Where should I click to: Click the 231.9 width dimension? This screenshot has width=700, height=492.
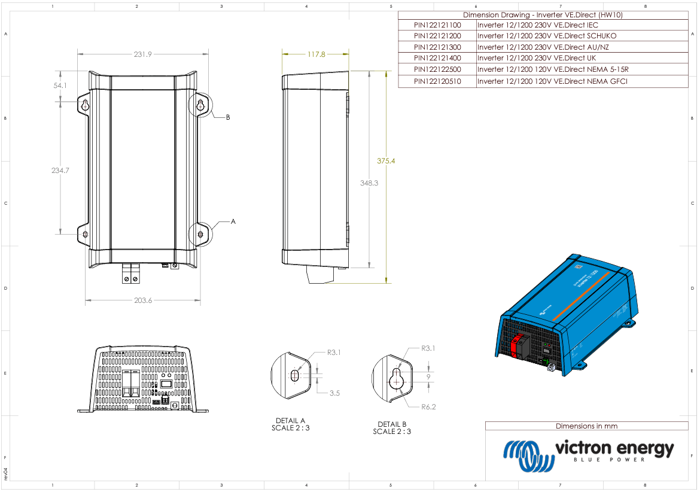click(142, 54)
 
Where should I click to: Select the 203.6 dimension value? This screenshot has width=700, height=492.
click(142, 300)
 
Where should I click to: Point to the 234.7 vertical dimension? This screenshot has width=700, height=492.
click(60, 171)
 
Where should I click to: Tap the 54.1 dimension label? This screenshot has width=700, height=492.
click(60, 86)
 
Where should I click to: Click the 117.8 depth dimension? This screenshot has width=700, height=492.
click(316, 54)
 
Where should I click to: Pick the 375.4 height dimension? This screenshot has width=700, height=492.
click(386, 161)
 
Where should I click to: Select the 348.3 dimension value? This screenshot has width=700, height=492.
click(369, 183)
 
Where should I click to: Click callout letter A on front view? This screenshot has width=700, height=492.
click(233, 221)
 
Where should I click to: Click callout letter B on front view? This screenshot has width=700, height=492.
click(227, 117)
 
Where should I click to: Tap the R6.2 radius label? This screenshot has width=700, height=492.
click(428, 406)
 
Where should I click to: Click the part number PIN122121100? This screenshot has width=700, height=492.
click(437, 26)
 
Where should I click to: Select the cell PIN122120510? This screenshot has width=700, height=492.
click(437, 81)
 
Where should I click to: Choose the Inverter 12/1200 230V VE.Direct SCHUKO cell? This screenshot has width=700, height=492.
click(546, 37)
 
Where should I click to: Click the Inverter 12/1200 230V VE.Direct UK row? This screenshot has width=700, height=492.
click(536, 59)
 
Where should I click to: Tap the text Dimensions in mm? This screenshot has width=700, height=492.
click(586, 426)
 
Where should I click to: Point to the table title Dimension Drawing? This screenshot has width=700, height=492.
click(543, 15)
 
